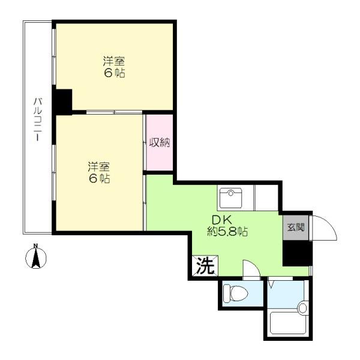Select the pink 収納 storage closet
[x=160, y=143]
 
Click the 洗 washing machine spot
[x=205, y=266]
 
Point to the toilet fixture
[x=236, y=293]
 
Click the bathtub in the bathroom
[x=288, y=323]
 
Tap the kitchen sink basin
[x=230, y=198]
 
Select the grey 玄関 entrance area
[x=296, y=227]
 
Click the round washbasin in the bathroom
[x=302, y=308]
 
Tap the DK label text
[x=222, y=220]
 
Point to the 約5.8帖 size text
[x=227, y=232]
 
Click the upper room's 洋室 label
[x=114, y=61]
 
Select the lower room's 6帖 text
[x=99, y=179]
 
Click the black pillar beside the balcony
[x=62, y=102]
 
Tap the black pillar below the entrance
[x=298, y=253]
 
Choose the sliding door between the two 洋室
[x=115, y=112]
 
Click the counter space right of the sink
[x=266, y=197]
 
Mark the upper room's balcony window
[x=54, y=57]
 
